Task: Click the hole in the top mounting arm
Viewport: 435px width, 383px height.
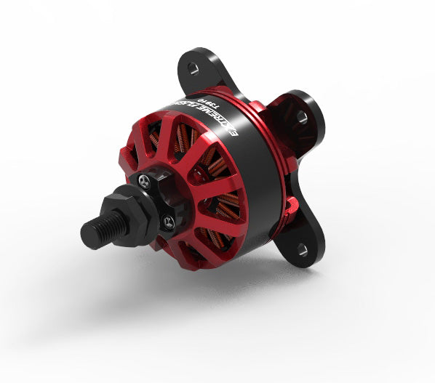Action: tap(193, 68)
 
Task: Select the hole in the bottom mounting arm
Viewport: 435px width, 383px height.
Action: tap(301, 250)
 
